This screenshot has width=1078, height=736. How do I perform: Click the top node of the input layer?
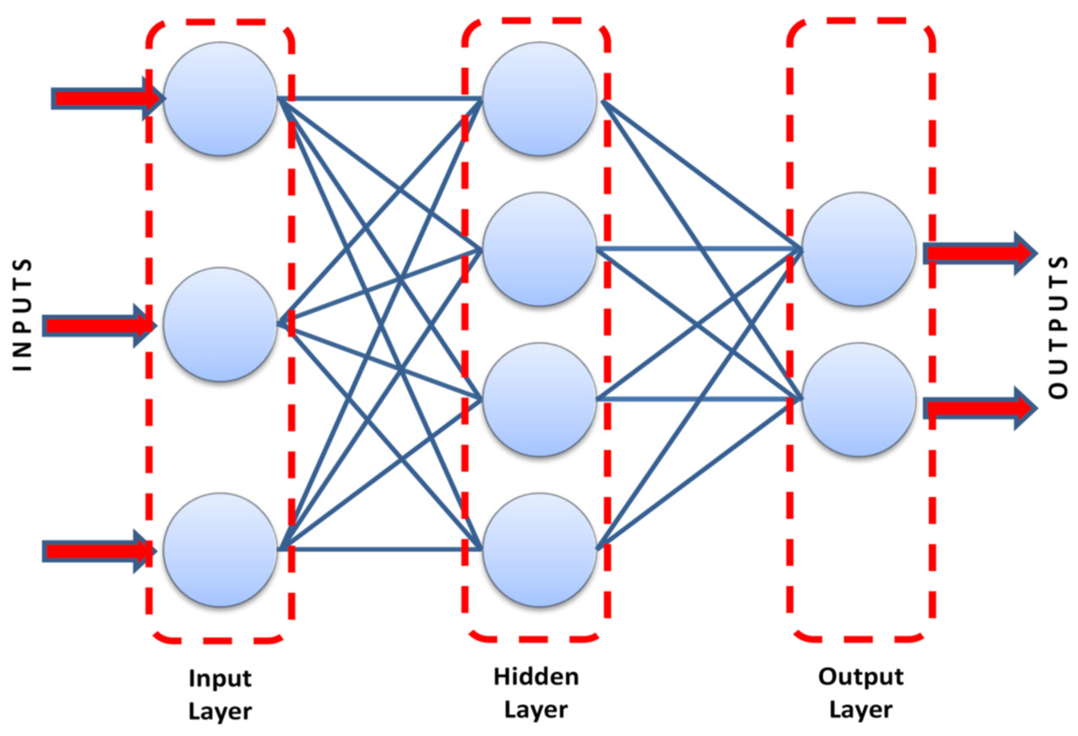pyautogui.click(x=220, y=99)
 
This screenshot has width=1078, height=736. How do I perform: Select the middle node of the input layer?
pyautogui.click(x=220, y=324)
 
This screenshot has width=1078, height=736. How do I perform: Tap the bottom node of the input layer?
pyautogui.click(x=220, y=550)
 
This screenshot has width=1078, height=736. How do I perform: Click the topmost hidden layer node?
pyautogui.click(x=539, y=99)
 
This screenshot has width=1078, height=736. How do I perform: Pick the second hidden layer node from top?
pyautogui.click(x=539, y=249)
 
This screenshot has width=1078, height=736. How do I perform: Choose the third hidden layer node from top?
pyautogui.click(x=539, y=400)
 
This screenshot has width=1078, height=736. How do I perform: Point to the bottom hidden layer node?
pyautogui.click(x=539, y=550)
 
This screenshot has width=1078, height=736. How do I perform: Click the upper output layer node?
pyautogui.click(x=859, y=249)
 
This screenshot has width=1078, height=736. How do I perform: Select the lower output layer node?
pyautogui.click(x=859, y=400)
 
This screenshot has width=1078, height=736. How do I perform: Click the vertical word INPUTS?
pyautogui.click(x=21, y=315)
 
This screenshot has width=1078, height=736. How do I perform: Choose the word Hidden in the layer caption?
pyautogui.click(x=536, y=677)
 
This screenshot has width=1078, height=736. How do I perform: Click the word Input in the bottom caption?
pyautogui.click(x=220, y=679)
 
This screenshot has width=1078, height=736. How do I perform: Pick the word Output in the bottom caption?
pyautogui.click(x=861, y=677)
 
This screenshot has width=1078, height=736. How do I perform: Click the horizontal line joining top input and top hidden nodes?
pyautogui.click(x=380, y=98)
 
